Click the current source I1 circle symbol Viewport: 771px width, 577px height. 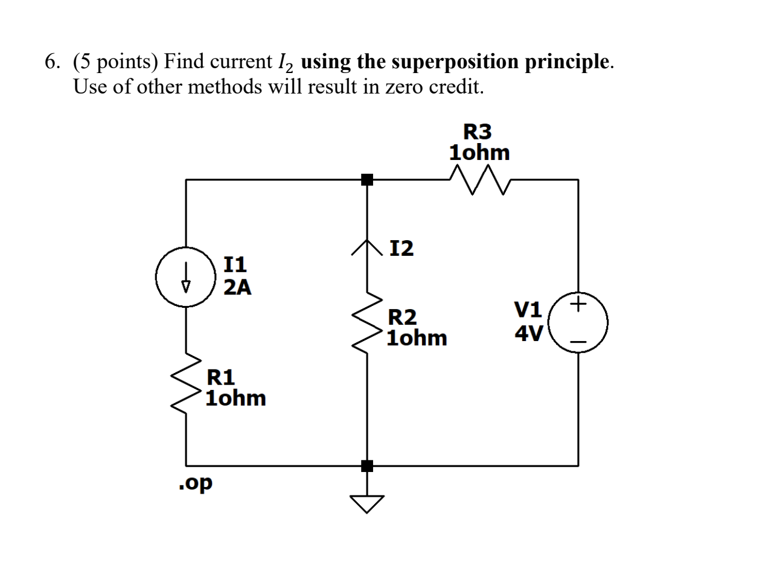[x=185, y=277]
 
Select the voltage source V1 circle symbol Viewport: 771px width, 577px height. [x=578, y=322]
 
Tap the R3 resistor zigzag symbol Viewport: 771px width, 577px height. [x=480, y=180]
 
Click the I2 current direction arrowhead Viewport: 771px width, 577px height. [x=367, y=247]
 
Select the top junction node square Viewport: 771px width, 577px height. [x=367, y=179]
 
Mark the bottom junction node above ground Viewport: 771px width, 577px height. [x=367, y=465]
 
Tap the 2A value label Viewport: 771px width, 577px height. [x=237, y=287]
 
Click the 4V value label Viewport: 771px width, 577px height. [x=529, y=333]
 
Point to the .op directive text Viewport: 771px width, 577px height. [x=196, y=483]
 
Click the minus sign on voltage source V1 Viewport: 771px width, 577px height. [x=578, y=342]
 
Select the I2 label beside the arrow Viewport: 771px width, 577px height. [x=401, y=248]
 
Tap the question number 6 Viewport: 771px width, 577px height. [x=53, y=62]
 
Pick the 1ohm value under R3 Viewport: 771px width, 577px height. [x=479, y=153]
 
